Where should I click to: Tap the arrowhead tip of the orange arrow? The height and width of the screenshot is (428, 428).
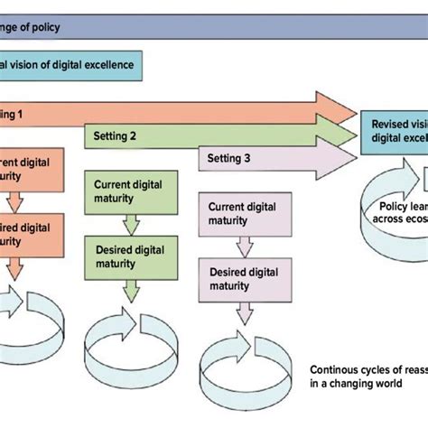[356, 110]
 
